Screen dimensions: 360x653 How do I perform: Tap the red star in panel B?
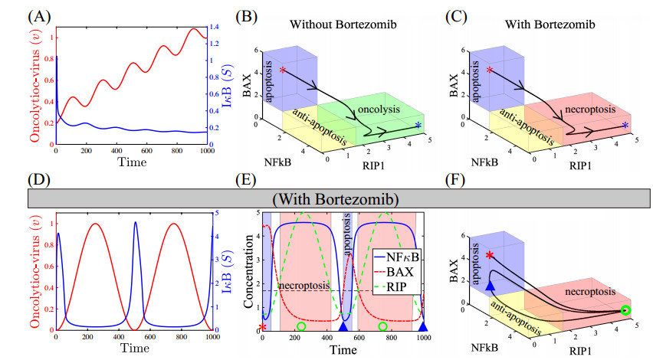[x=283, y=71]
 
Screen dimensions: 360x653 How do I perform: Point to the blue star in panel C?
[x=625, y=124]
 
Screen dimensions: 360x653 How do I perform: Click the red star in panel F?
[x=490, y=255]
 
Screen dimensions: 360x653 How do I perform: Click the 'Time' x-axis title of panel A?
[x=132, y=162]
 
